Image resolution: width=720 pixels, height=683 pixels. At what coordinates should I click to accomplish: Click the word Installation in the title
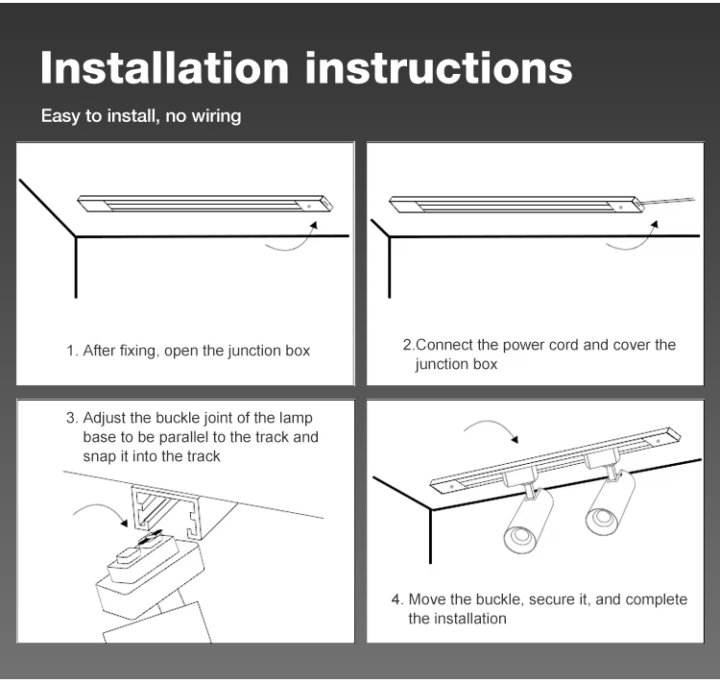(164, 68)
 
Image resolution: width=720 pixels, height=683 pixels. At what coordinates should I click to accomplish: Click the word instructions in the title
(439, 68)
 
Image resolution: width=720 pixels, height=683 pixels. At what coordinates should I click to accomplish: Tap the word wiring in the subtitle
(216, 116)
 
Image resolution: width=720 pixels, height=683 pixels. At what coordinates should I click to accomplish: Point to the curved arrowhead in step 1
(314, 225)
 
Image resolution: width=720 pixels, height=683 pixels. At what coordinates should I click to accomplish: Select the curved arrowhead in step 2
(655, 224)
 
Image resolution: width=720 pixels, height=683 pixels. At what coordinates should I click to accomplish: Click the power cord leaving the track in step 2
(669, 202)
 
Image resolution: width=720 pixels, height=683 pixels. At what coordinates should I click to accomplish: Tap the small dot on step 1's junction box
(309, 207)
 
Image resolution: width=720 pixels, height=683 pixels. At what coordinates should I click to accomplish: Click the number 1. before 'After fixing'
(72, 351)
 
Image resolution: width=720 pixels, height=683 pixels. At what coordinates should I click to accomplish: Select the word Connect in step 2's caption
(444, 345)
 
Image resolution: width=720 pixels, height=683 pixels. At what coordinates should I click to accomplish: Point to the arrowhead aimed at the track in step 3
(124, 523)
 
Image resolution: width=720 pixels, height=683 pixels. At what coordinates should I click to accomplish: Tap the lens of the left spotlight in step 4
(520, 539)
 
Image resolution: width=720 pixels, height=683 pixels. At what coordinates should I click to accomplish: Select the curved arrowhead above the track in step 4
(515, 439)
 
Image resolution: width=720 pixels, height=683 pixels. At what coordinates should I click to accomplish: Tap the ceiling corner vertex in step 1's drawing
(76, 237)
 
